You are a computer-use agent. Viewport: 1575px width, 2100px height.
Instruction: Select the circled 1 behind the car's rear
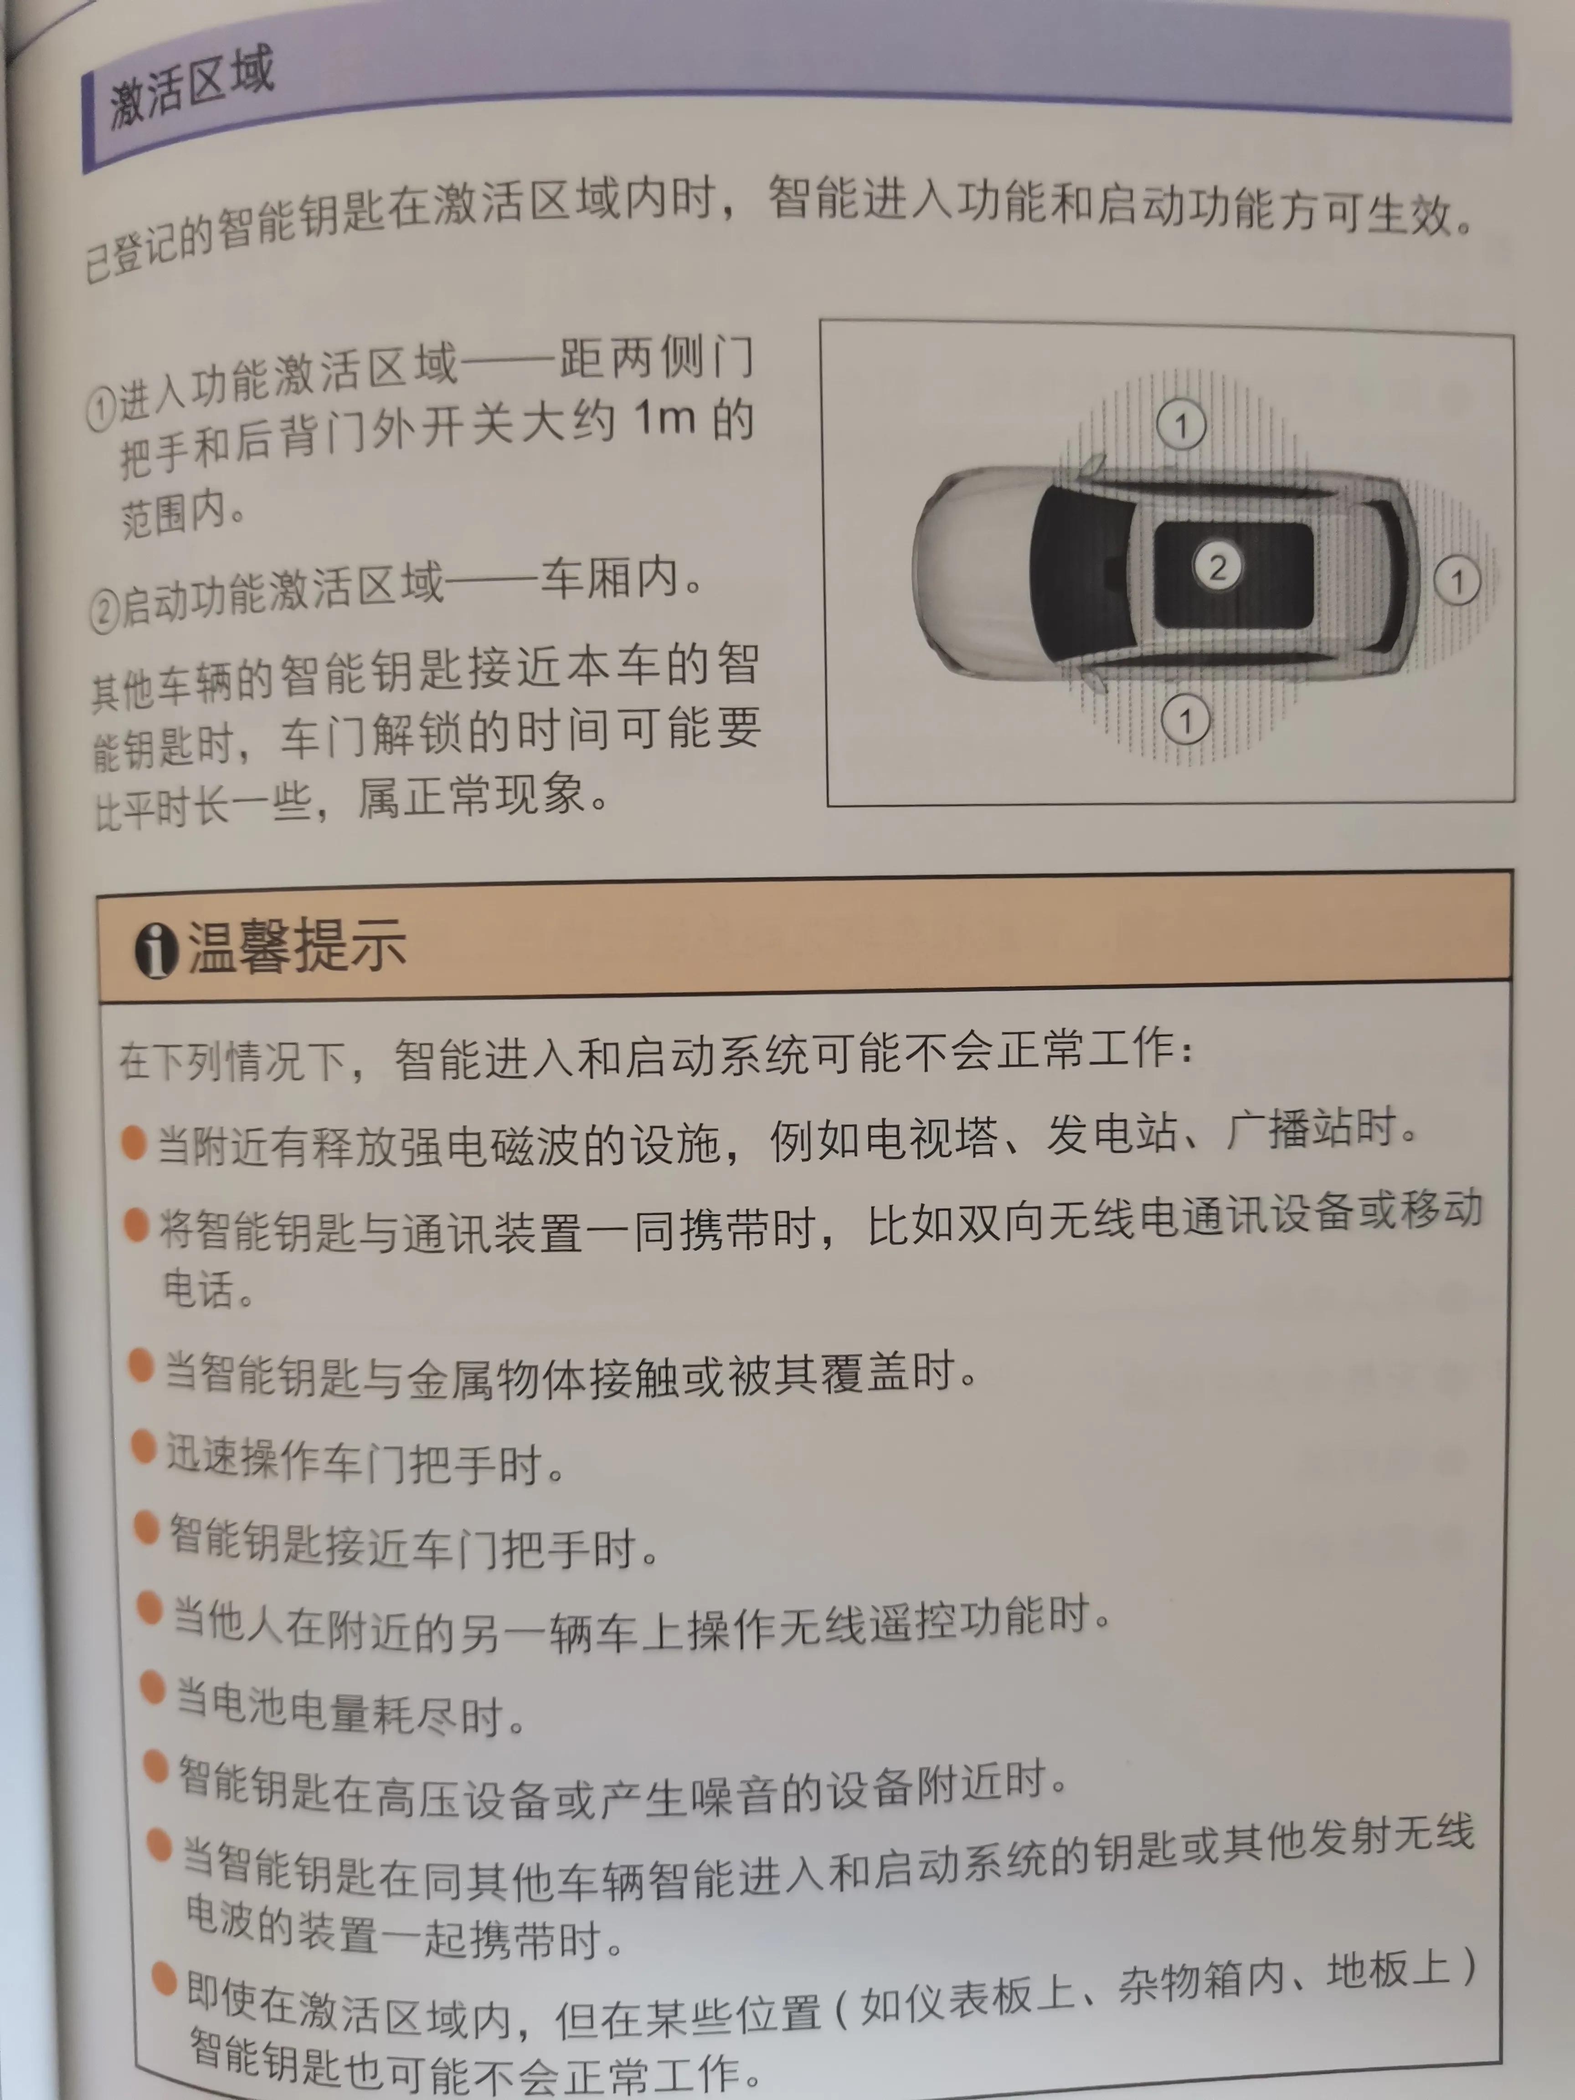click(x=1457, y=580)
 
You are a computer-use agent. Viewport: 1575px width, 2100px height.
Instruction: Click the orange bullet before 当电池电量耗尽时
click(x=153, y=1687)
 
